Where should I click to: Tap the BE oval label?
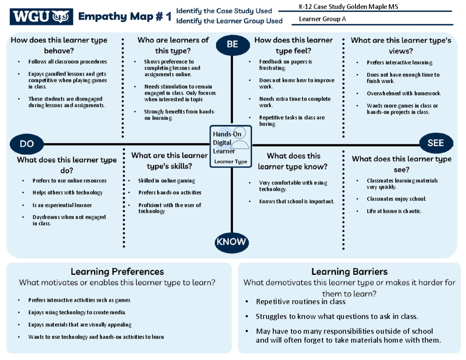[232, 45]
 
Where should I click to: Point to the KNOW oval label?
[231, 242]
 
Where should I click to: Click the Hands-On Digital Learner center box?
[231, 146]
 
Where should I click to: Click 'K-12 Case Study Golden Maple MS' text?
[348, 7]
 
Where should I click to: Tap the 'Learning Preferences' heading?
[117, 271]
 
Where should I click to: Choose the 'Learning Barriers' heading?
[349, 271]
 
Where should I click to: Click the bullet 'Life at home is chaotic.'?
[394, 211]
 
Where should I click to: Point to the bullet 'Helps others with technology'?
[67, 193]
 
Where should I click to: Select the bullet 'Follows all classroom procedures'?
[67, 61]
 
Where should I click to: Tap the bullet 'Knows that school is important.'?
[296, 201]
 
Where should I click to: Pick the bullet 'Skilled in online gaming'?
[166, 181]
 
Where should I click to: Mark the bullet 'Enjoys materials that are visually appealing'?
[80, 325]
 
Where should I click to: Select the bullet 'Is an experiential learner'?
[62, 205]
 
